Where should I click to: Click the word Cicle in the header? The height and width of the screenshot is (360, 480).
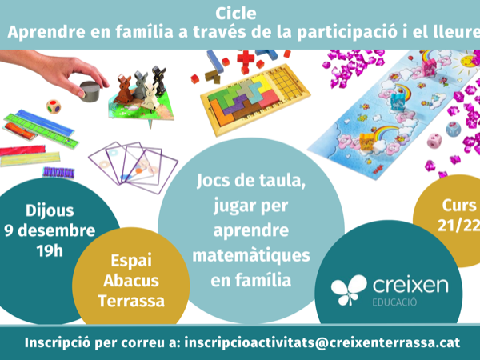[236, 14]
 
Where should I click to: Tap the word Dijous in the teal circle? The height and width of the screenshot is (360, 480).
[50, 211]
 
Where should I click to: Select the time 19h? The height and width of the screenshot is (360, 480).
[50, 250]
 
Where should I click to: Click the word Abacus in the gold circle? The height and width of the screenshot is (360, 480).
[131, 281]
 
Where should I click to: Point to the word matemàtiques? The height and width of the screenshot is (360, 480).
[251, 256]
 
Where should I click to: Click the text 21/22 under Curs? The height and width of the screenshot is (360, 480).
[458, 226]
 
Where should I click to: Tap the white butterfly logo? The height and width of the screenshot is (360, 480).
[349, 290]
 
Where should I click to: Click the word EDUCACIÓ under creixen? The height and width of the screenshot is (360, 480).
[394, 302]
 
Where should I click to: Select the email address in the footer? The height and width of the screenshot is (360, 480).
[322, 342]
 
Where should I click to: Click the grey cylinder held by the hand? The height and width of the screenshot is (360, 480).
[90, 91]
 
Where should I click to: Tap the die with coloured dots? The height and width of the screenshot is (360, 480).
[54, 106]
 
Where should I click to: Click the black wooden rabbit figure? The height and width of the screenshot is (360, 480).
[158, 80]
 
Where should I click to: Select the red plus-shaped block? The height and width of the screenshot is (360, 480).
[246, 59]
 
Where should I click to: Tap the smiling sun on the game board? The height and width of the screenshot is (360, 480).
[469, 60]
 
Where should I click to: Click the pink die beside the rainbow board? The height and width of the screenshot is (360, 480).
[434, 141]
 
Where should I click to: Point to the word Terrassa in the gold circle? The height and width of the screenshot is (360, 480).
[131, 301]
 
